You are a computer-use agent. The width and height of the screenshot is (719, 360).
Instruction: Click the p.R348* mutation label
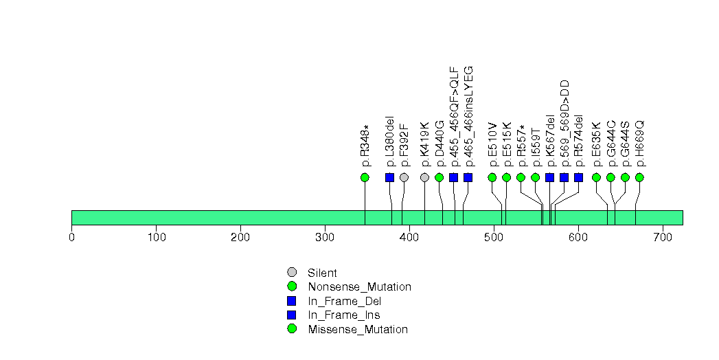click(365, 146)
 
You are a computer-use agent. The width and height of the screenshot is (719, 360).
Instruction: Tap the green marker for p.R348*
click(365, 177)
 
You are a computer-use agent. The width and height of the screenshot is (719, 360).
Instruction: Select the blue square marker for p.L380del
click(390, 177)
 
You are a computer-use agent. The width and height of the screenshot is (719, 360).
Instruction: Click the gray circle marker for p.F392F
click(404, 177)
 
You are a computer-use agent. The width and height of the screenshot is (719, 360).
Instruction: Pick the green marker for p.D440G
click(440, 177)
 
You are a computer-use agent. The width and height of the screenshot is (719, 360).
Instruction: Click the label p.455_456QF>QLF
click(454, 117)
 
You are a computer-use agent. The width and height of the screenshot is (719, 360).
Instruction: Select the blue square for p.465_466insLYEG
click(468, 177)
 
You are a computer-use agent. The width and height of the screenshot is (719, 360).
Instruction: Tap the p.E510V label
click(492, 145)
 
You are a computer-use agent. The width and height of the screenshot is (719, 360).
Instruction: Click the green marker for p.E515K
click(507, 177)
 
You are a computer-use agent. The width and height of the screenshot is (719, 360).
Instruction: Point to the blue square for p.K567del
click(550, 177)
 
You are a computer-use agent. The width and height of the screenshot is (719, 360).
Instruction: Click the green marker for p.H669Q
click(639, 177)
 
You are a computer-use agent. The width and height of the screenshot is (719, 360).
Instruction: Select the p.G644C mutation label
click(611, 144)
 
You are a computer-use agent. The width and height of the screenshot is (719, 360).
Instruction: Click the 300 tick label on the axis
click(325, 238)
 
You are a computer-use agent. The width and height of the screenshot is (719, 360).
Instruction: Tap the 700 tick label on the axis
click(662, 238)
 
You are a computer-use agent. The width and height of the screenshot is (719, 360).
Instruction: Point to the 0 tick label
click(72, 238)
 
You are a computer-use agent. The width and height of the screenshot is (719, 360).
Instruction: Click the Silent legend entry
click(322, 273)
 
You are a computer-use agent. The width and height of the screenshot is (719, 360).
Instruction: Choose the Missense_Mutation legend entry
click(358, 329)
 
